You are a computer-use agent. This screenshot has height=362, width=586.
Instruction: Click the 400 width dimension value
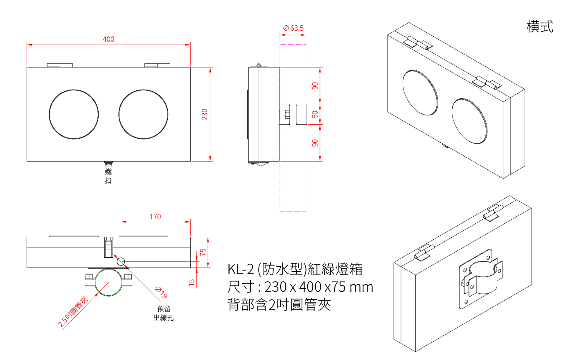(x=108, y=39)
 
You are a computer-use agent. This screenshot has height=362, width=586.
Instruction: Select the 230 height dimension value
(x=205, y=114)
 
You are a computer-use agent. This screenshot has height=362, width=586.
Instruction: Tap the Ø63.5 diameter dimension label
(x=293, y=28)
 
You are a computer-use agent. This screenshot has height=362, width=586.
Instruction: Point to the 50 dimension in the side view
(x=315, y=114)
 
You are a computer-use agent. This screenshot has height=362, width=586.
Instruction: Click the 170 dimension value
(x=155, y=217)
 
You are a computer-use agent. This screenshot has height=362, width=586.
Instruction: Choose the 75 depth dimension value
(x=203, y=252)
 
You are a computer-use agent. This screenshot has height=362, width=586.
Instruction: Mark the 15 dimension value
(x=192, y=282)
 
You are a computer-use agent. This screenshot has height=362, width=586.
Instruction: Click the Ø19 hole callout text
(x=162, y=292)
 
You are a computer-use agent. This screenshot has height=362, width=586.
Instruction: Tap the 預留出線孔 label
(x=164, y=313)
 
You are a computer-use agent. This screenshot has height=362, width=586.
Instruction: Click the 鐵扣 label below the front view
(x=108, y=176)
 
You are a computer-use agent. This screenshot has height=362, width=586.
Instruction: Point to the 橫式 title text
(x=539, y=27)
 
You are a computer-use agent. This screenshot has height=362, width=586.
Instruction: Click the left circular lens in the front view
(x=74, y=115)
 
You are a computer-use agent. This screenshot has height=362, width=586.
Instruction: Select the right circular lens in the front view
(x=143, y=115)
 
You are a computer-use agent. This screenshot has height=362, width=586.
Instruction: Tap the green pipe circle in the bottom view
(x=108, y=282)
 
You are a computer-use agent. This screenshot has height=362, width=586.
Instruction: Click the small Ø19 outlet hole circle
(x=121, y=261)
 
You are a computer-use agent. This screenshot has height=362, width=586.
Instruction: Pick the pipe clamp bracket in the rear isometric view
(x=481, y=278)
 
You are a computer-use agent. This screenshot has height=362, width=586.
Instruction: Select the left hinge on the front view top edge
(x=60, y=65)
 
